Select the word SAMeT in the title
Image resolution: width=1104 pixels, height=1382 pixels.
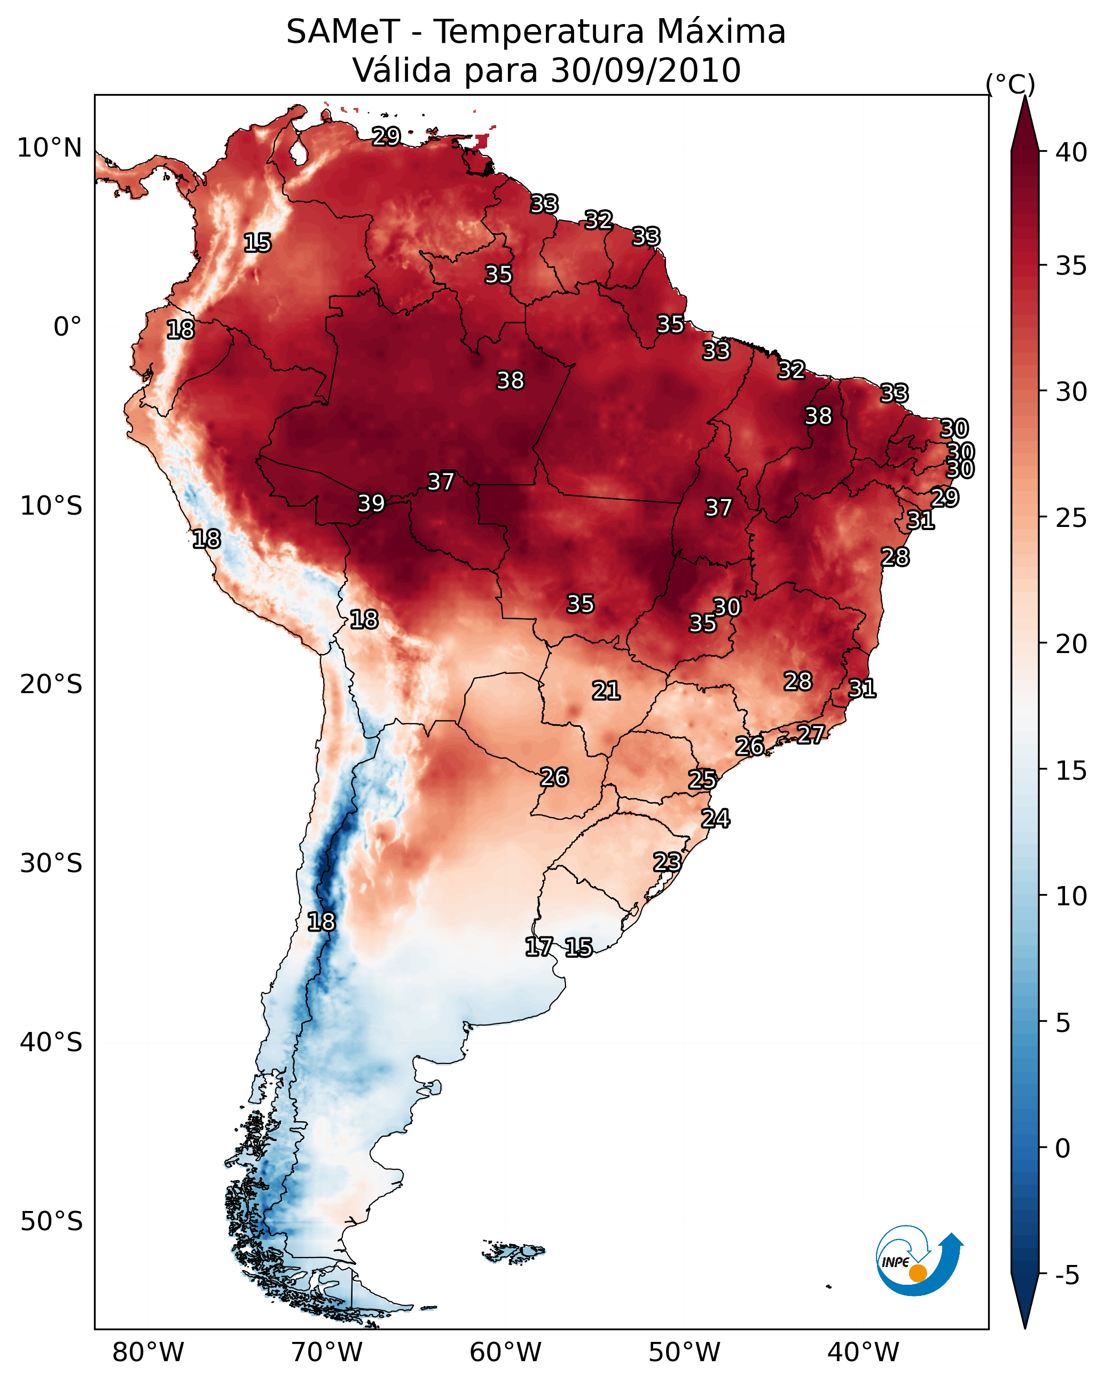pyautogui.click(x=343, y=32)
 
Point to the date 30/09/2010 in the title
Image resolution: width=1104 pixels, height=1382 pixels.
pyautogui.click(x=645, y=71)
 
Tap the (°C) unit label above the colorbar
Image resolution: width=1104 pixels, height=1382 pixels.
pyautogui.click(x=1011, y=84)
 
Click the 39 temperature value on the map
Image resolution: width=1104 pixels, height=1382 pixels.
pyautogui.click(x=371, y=503)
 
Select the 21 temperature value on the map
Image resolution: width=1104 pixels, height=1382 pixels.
pyautogui.click(x=606, y=690)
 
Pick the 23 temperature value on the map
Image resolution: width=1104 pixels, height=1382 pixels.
pyautogui.click(x=667, y=861)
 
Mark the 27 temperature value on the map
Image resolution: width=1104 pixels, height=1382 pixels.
pyautogui.click(x=811, y=734)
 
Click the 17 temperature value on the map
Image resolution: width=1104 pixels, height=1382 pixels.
pyautogui.click(x=538, y=947)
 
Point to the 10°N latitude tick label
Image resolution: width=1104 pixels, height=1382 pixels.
pyautogui.click(x=49, y=148)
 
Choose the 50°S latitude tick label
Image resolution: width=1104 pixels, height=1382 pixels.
pyautogui.click(x=51, y=1222)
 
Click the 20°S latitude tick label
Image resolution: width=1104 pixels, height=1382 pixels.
pyautogui.click(x=51, y=685)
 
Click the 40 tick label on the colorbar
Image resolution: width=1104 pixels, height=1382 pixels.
pyautogui.click(x=1071, y=152)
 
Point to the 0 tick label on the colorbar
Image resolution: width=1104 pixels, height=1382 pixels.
pyautogui.click(x=1062, y=1148)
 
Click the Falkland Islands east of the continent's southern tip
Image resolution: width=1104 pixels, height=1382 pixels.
pyautogui.click(x=513, y=1251)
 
